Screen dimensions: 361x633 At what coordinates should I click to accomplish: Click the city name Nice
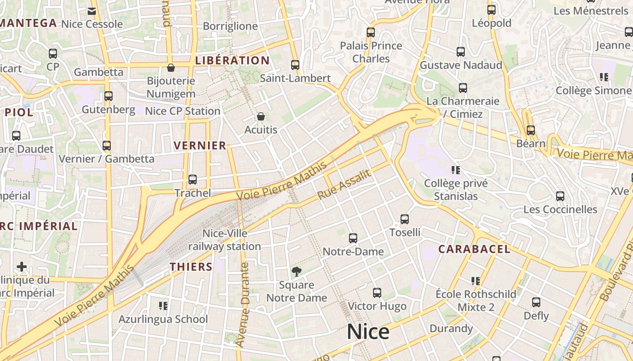(368, 332)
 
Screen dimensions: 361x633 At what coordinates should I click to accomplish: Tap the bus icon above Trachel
(193, 180)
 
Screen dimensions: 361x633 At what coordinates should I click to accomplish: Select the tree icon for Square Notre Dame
(297, 272)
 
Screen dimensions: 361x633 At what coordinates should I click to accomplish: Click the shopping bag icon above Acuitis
(261, 117)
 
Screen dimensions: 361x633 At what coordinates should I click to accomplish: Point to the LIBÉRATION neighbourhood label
(232, 60)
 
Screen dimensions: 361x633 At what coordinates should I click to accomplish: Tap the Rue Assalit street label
(344, 185)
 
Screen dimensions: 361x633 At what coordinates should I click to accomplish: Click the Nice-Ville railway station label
(225, 240)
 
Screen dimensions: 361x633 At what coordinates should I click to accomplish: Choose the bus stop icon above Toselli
(405, 219)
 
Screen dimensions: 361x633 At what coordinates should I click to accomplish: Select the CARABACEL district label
(474, 249)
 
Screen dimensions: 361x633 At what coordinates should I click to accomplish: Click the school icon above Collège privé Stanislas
(456, 170)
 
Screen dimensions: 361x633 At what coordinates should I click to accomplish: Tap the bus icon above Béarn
(531, 130)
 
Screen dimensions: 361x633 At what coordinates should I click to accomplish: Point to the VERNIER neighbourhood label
(200, 145)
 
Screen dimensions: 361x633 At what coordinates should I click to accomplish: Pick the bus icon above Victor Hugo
(377, 293)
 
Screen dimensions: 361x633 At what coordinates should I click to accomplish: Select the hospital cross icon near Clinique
(22, 267)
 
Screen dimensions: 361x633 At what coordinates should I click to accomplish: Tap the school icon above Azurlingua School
(163, 306)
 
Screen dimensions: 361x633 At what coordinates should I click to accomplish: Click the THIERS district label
(191, 267)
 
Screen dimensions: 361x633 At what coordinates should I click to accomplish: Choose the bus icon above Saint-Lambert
(295, 65)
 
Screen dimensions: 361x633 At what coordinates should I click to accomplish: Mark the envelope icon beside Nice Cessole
(92, 11)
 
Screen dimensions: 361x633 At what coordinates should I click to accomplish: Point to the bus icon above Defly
(536, 302)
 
